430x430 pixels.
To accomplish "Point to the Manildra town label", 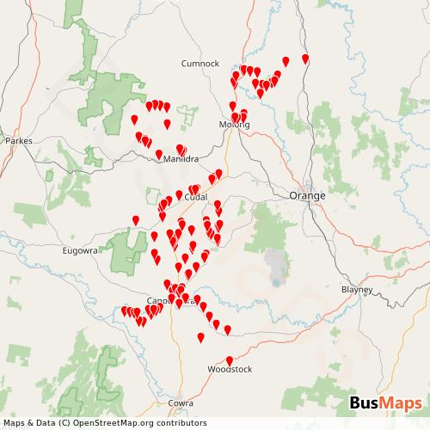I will click(x=171, y=158).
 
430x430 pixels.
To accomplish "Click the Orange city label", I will click(x=307, y=196).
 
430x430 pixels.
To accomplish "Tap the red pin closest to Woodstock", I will click(x=229, y=360).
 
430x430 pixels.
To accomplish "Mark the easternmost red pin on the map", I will click(x=306, y=58).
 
